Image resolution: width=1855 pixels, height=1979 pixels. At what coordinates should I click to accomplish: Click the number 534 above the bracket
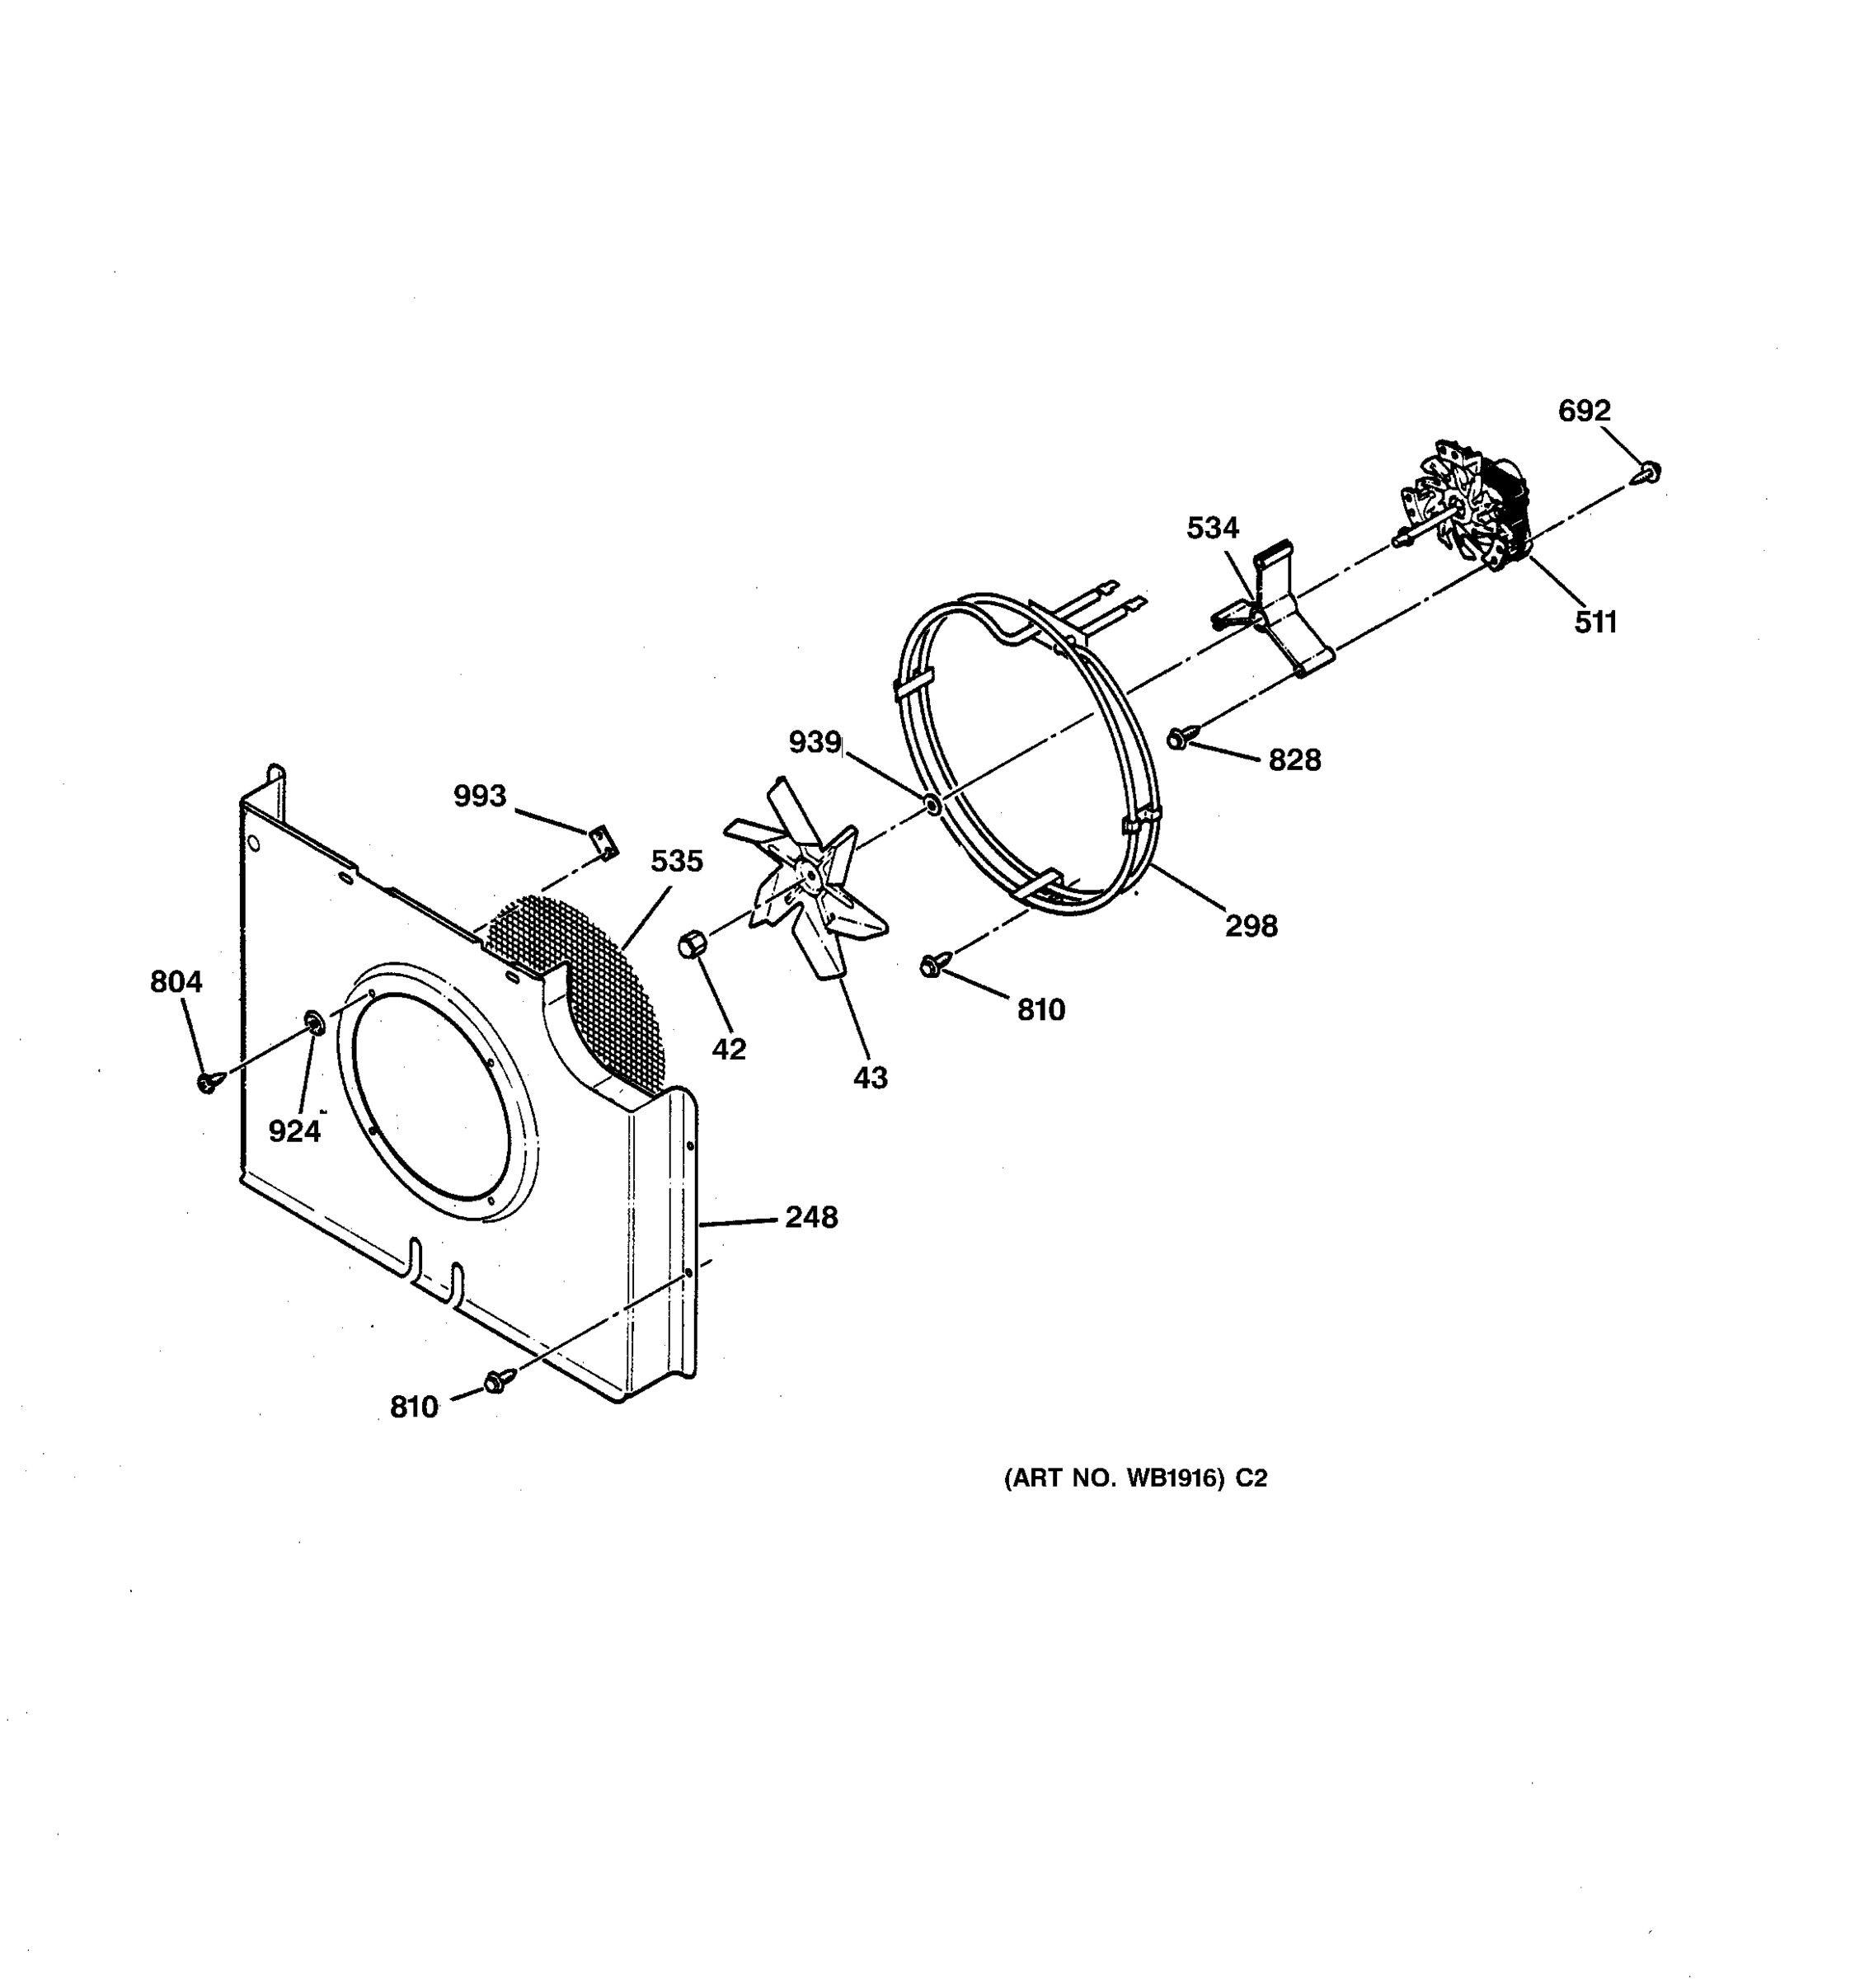pos(1212,529)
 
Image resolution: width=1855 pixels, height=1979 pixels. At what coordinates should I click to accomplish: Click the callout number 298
pos(1251,926)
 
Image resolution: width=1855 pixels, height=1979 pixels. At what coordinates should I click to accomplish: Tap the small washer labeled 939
pos(932,803)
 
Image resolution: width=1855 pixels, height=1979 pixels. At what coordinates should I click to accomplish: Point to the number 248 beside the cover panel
pos(811,1217)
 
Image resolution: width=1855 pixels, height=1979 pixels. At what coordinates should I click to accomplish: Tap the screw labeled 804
pos(208,1081)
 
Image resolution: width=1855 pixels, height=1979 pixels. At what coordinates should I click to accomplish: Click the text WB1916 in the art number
pos(1174,1478)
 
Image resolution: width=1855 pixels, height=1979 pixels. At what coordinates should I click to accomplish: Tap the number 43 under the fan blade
pos(870,1078)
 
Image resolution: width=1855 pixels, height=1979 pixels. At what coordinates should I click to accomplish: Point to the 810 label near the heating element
pos(1041,1010)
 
